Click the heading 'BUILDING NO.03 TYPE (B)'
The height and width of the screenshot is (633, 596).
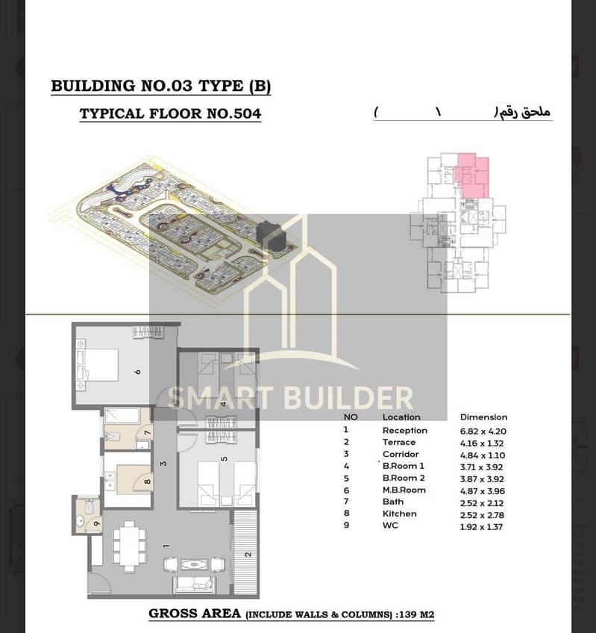point(160,87)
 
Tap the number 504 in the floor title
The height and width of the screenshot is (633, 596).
point(247,114)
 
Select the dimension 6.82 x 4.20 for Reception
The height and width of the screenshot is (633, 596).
point(483,431)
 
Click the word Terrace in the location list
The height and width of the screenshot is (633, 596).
point(398,443)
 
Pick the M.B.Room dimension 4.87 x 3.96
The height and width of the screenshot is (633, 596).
point(483,491)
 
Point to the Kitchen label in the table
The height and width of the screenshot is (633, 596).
point(400,514)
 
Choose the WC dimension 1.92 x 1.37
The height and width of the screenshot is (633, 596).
point(481,527)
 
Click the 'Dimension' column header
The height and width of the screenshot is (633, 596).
point(483,417)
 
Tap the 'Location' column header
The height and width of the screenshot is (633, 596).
point(401,417)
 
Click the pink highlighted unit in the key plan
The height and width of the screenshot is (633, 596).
point(473,175)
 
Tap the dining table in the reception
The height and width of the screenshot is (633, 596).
point(129,546)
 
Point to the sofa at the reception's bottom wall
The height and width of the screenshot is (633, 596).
point(194,585)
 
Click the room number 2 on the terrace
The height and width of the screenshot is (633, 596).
point(248,555)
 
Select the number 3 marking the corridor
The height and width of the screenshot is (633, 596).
point(163,464)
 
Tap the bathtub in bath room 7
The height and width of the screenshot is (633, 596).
point(122,416)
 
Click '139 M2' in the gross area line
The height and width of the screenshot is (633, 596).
point(417,615)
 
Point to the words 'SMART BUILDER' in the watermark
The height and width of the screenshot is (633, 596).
point(290,398)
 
